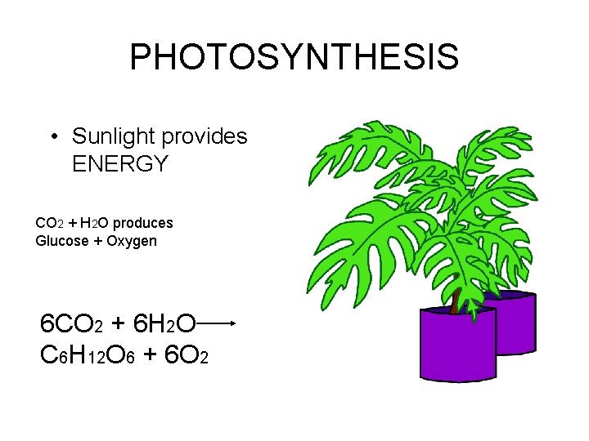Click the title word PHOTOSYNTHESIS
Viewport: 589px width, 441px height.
[294, 58]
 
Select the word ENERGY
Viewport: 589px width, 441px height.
[119, 164]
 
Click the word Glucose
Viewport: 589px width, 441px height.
[62, 241]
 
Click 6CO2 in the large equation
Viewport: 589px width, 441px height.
[71, 324]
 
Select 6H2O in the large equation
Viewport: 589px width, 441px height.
[163, 324]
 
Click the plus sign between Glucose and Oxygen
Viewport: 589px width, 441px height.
[101, 241]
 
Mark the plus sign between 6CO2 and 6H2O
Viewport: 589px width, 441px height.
[118, 324]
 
